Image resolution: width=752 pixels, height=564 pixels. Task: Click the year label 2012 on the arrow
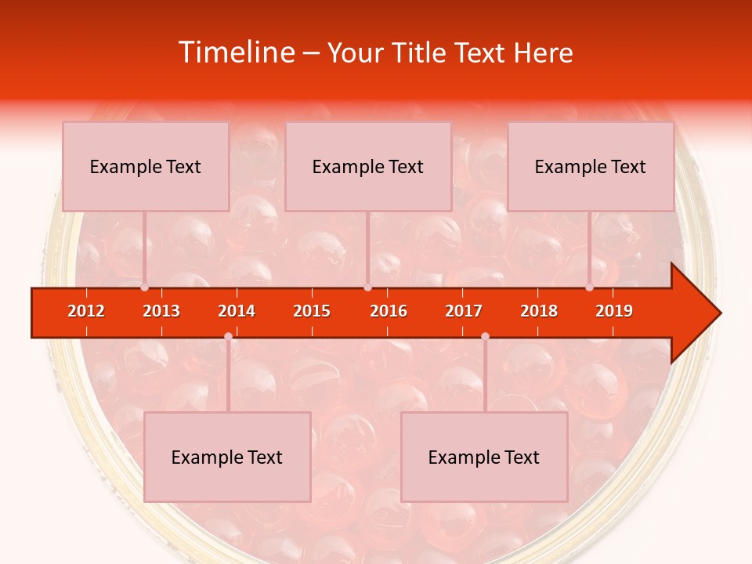coord(86,311)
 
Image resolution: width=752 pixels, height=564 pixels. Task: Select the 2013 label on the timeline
coord(161,311)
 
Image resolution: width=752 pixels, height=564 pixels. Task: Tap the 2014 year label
coord(237,311)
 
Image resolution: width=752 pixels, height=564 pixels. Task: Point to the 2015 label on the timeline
coord(312,311)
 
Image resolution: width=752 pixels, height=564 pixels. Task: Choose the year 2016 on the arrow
coord(389,311)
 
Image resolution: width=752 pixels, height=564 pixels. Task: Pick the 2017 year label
coord(464,311)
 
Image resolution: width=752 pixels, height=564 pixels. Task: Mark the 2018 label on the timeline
coord(539,311)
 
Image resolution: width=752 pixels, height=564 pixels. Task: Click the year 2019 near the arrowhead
coord(614,311)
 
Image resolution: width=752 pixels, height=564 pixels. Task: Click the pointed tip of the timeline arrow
coord(719,313)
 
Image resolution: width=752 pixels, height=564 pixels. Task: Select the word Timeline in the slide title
coord(234,52)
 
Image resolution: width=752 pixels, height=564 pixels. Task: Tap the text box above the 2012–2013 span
coord(146,166)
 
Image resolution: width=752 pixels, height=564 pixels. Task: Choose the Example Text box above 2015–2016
coord(368,166)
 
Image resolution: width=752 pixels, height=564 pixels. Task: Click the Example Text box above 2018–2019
coord(591,166)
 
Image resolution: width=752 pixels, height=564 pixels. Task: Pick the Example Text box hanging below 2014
coord(227,457)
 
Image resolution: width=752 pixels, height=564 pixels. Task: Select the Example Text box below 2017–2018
coord(484,457)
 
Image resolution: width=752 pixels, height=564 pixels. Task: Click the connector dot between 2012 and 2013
coord(144,287)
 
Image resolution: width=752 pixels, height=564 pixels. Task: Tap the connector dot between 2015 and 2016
coord(367,287)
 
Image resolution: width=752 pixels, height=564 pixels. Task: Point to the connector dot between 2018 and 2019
coord(589,287)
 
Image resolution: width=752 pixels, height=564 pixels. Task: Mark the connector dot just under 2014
coord(228,336)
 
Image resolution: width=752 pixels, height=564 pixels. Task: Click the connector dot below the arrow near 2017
coord(485,336)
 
